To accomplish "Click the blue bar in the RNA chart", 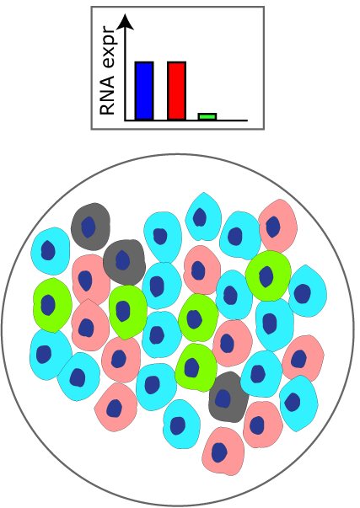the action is click(x=144, y=91).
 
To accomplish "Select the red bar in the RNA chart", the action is click(x=177, y=91).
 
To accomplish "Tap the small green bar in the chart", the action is click(x=207, y=116).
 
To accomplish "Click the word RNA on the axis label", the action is click(x=107, y=95).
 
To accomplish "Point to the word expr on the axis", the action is click(x=108, y=48).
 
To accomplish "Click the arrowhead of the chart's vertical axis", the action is click(x=125, y=22).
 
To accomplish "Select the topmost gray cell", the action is click(x=90, y=227).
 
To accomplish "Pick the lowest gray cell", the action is click(x=228, y=397).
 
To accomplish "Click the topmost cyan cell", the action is click(x=203, y=217).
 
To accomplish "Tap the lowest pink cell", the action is click(x=223, y=452).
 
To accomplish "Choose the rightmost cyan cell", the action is click(x=308, y=291).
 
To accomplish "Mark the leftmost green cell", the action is click(x=52, y=305).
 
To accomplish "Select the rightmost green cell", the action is click(x=268, y=275).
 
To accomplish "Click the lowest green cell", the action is click(x=196, y=367).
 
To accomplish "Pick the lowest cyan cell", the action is click(x=181, y=424).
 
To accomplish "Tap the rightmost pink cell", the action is click(x=303, y=359).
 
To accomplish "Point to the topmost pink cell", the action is click(x=278, y=226).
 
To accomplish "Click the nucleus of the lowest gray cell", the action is click(x=223, y=398).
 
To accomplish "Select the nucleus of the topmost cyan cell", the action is click(x=200, y=217).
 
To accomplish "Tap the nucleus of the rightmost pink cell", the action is click(x=298, y=359).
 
